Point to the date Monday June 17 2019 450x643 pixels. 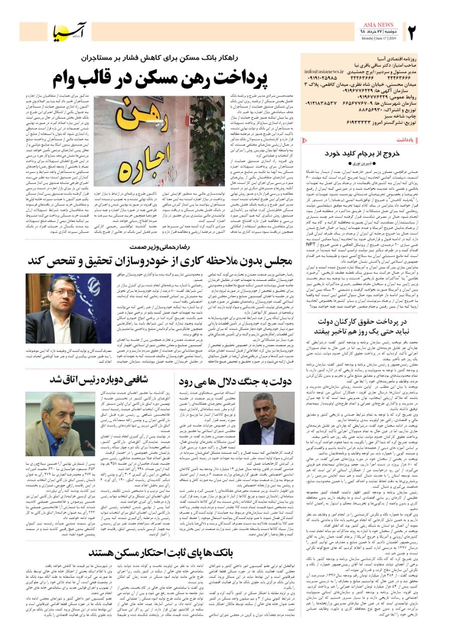click(378, 38)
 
